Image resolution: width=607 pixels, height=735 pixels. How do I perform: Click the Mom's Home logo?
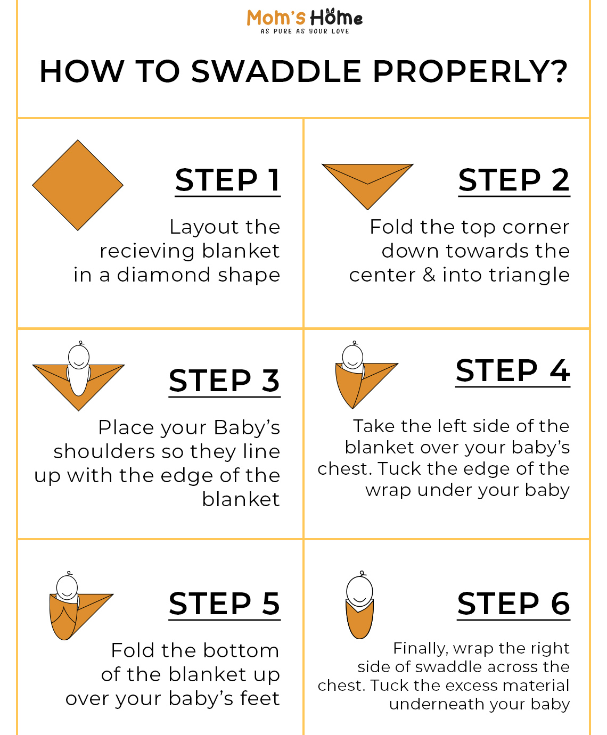pos(305,21)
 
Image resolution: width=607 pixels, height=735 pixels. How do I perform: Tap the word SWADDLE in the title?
pos(276,71)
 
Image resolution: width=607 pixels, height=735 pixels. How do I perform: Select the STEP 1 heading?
pos(227,180)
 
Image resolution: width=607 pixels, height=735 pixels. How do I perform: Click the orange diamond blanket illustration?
pos(78,185)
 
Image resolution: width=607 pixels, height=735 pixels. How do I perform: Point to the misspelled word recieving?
pos(147,251)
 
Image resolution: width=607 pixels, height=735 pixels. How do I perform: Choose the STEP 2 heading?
pos(514,180)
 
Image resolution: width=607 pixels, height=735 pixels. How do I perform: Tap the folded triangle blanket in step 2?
pos(367,183)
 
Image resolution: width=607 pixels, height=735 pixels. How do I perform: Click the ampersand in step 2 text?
pos(429,275)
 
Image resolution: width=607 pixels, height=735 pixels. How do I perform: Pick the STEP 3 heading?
pos(224,381)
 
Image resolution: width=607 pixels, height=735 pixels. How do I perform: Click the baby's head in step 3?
pos(79,356)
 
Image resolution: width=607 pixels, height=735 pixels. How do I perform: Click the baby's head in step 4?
pos(352,356)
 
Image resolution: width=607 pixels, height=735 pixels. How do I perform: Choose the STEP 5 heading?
pos(224,604)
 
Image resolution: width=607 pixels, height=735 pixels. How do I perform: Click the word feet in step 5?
pos(260,698)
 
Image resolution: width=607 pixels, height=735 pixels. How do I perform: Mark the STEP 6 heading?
pos(513,604)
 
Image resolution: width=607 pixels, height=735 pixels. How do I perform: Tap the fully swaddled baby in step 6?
pos(360,605)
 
